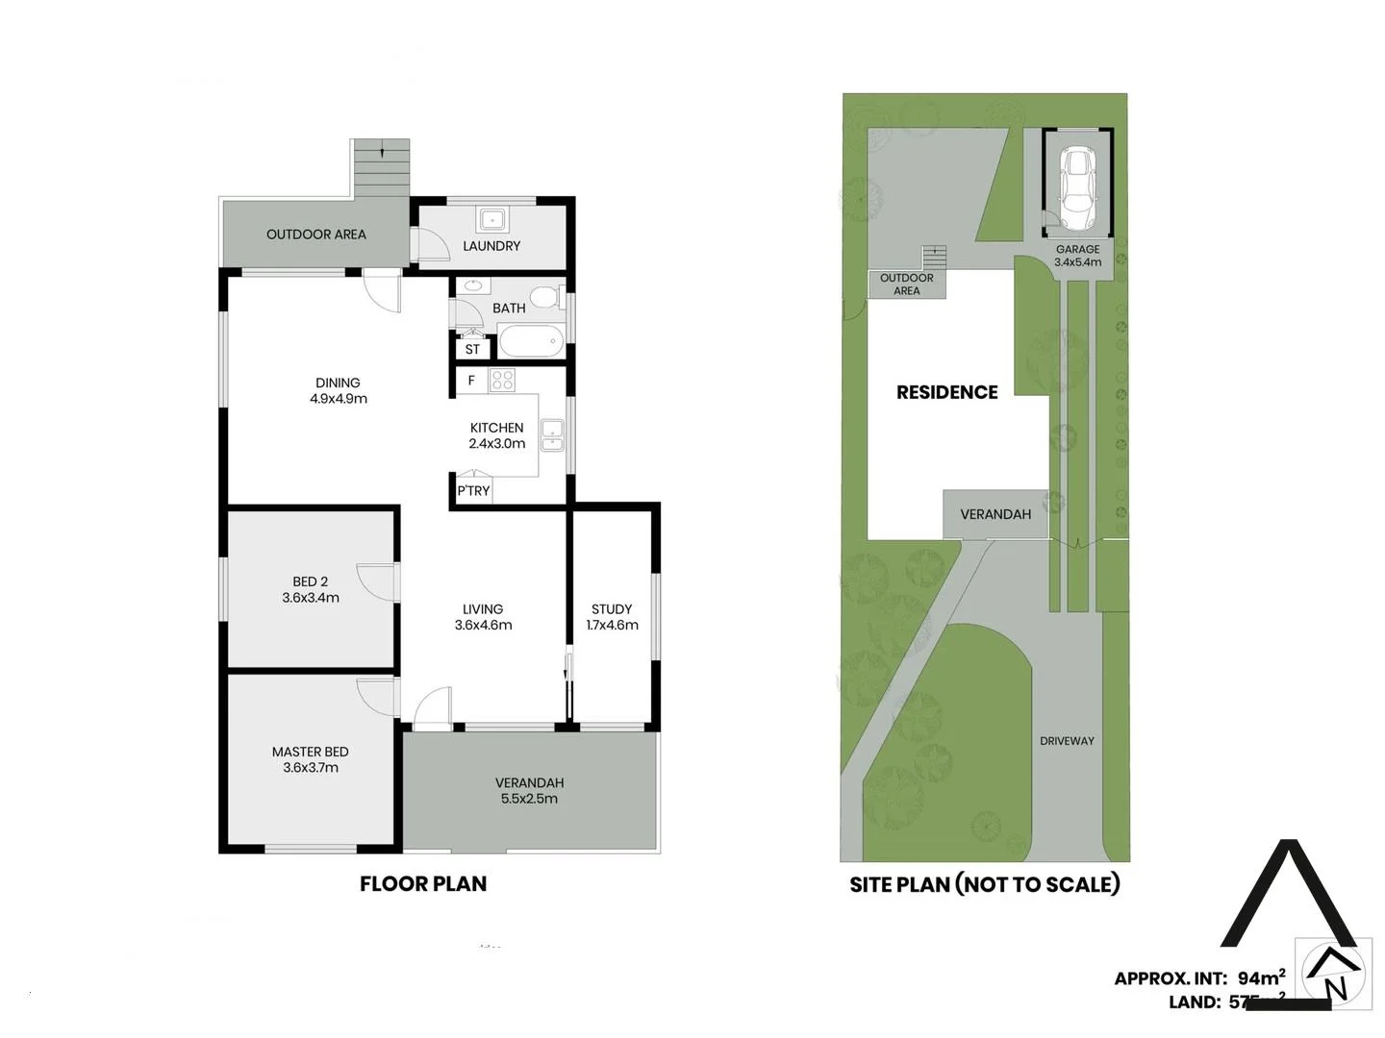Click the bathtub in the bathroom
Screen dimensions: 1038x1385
(x=530, y=341)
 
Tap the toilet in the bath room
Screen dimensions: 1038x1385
(x=547, y=297)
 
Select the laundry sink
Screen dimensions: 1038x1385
(x=493, y=219)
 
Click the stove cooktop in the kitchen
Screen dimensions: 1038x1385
(x=502, y=381)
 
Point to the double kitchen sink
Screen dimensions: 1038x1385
(x=552, y=434)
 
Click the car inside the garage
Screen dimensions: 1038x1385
(x=1077, y=188)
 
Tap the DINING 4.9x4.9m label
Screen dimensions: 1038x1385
(x=338, y=390)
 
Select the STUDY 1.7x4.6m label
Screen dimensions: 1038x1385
(x=612, y=617)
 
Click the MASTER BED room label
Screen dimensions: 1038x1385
(x=310, y=759)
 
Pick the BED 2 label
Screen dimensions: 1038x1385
(x=311, y=589)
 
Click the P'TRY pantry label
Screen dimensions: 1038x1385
(x=473, y=491)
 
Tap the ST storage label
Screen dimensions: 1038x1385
(x=472, y=350)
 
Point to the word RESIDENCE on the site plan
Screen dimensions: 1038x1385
(x=946, y=392)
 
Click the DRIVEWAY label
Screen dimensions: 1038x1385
(x=1067, y=741)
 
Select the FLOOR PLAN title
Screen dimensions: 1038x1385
(x=423, y=884)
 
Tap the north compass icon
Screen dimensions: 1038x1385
(x=1334, y=974)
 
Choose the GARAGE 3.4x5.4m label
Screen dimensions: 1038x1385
(x=1077, y=256)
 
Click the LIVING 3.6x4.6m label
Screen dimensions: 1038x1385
(x=483, y=617)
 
